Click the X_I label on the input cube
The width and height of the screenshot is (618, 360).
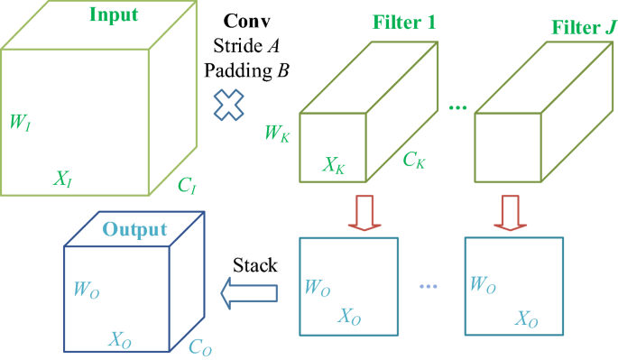tap(62, 180)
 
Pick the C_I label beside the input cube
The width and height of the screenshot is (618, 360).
tap(187, 187)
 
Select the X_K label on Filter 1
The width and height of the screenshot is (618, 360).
tap(335, 166)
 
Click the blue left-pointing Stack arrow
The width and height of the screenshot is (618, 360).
tap(248, 290)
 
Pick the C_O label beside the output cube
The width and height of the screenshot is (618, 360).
tap(201, 346)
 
